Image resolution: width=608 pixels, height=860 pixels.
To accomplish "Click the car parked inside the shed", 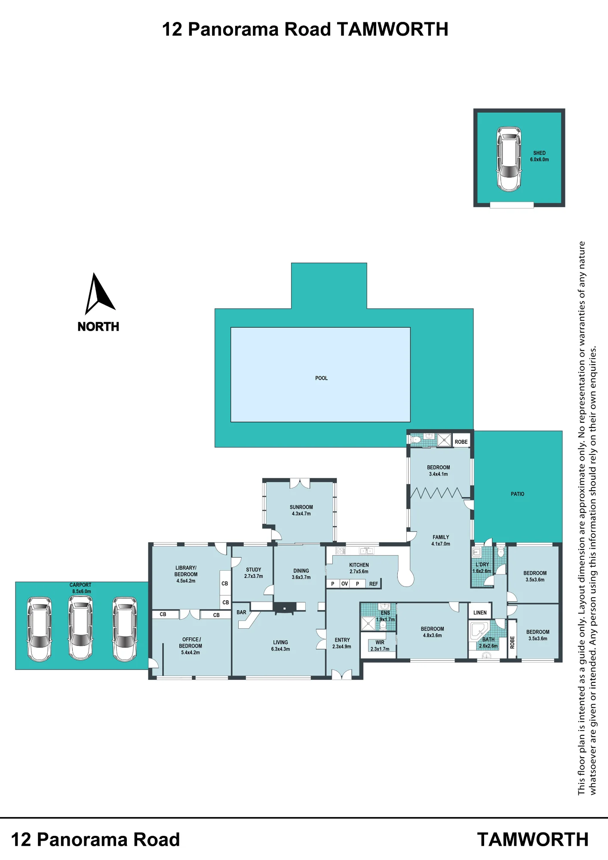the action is pos(509,159).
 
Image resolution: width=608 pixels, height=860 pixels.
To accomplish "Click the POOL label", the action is pos(321,378).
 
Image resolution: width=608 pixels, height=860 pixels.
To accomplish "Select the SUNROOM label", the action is pos(301,507).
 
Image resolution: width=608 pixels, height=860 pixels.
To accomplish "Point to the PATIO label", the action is pos(517,494).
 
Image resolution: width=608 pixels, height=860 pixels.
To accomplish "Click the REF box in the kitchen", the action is pos(374,584).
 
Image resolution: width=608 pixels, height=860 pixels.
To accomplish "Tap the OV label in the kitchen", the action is pos(344,584).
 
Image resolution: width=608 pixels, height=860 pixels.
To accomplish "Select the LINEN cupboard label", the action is pos(480,613).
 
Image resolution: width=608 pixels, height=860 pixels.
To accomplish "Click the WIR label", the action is pos(380,642).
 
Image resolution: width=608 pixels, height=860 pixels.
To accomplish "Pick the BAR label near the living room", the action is pos(241,612).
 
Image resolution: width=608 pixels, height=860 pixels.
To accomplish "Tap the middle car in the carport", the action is pos(80,628).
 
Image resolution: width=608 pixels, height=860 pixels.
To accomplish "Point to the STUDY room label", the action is pos(253,570).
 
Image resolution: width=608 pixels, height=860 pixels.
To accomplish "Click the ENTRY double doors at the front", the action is pos(342,675).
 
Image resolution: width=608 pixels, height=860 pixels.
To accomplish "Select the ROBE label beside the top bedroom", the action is pos(461,442).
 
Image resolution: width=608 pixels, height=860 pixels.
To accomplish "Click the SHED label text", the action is pos(539,153).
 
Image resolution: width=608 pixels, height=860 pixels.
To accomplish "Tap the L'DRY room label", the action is pos(482,565).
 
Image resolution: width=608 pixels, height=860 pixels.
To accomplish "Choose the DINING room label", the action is pos(301,571).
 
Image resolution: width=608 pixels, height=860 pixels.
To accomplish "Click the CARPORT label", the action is pos(80,585).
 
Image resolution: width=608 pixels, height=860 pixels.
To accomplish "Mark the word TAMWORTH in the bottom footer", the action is pos(533,840).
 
